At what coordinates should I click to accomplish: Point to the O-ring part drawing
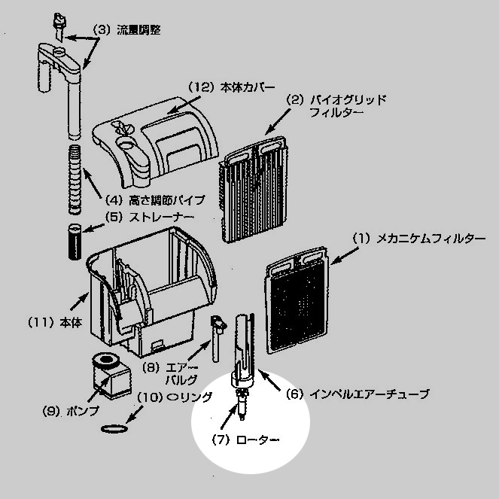point(111,428)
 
